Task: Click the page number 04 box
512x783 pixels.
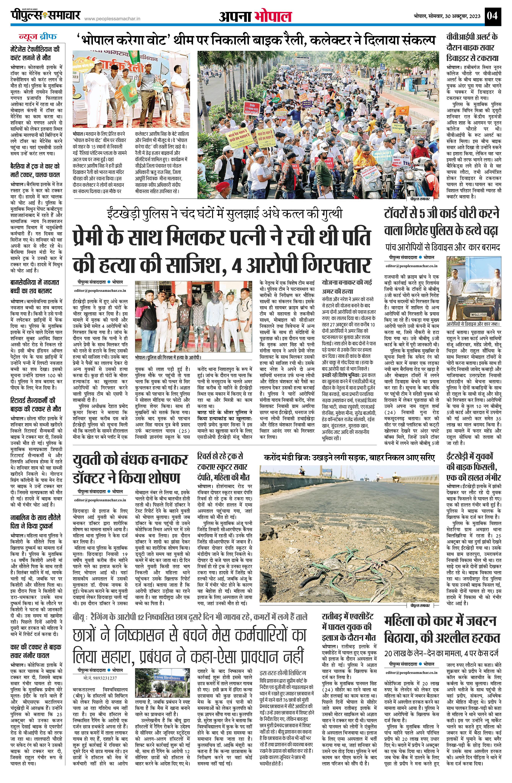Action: click(493, 15)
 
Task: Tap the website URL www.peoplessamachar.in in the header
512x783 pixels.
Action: click(112, 19)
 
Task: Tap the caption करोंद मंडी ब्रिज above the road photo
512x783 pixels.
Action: click(349, 458)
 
